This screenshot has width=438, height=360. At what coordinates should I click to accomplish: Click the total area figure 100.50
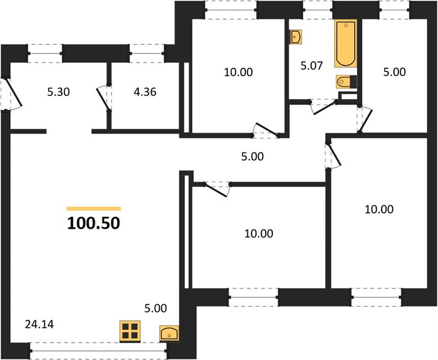(x=94, y=223)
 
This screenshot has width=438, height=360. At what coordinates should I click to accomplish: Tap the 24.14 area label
(x=40, y=325)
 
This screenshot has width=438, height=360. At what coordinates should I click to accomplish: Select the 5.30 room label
(x=58, y=92)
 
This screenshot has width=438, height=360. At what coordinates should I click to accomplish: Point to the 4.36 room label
(x=145, y=92)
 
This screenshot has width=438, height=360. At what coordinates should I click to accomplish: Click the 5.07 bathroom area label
(x=311, y=65)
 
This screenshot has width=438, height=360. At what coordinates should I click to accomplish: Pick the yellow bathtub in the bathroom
(x=346, y=43)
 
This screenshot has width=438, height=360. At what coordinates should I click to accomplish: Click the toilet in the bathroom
(x=346, y=82)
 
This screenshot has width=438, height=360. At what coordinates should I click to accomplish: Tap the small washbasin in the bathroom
(x=296, y=37)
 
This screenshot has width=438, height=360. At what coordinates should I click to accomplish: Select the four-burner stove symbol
(x=130, y=331)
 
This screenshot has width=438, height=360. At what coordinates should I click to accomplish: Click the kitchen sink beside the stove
(x=169, y=333)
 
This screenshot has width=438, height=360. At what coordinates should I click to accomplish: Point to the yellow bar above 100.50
(x=94, y=208)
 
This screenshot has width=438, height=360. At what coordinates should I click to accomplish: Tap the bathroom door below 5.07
(x=324, y=107)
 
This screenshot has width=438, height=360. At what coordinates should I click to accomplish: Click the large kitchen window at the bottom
(x=98, y=350)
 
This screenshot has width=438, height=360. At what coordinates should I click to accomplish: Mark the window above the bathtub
(x=317, y=10)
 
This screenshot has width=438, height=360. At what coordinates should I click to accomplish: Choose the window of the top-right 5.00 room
(x=394, y=10)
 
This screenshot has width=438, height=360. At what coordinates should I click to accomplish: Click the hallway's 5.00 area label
(x=253, y=157)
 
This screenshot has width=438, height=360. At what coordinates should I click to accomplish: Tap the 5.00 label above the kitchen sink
(x=155, y=308)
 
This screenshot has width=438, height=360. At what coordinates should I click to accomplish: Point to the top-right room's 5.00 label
(x=394, y=72)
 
